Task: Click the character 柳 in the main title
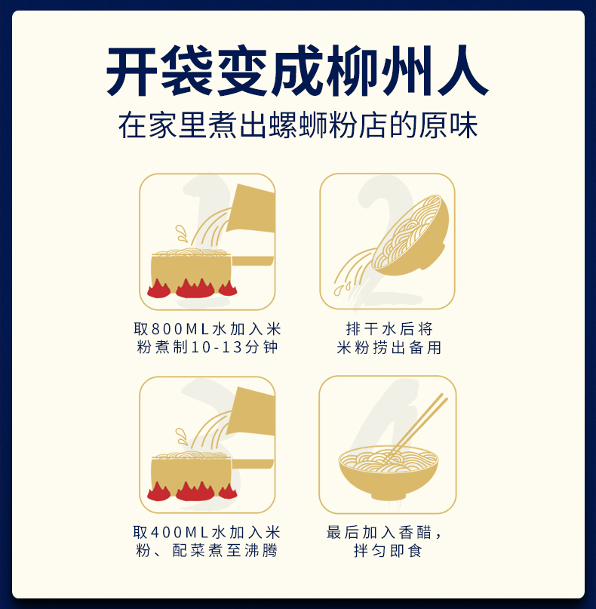click(x=352, y=71)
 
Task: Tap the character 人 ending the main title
click(x=462, y=71)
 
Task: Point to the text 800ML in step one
click(x=180, y=329)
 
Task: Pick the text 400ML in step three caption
click(x=180, y=532)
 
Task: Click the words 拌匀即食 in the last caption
click(x=388, y=550)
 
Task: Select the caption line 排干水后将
click(x=389, y=329)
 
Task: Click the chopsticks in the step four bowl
click(x=416, y=427)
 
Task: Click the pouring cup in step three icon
click(x=250, y=412)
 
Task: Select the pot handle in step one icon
click(x=252, y=260)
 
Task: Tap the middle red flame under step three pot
click(x=195, y=491)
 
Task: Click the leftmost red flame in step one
click(x=158, y=288)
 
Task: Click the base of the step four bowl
click(x=388, y=495)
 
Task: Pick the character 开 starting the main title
click(x=131, y=71)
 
